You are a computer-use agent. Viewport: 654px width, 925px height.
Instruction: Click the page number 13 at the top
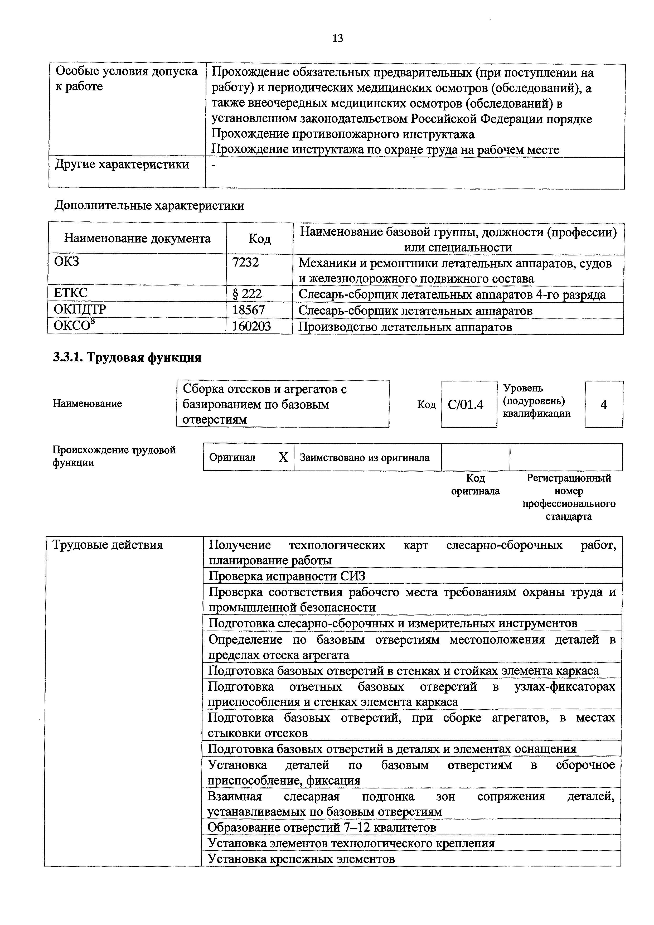(x=338, y=38)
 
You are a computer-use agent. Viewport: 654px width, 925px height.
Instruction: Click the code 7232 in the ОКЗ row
(x=245, y=263)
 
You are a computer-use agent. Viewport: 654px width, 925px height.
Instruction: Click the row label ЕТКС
(x=71, y=293)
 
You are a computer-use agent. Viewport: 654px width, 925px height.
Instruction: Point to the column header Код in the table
(x=259, y=239)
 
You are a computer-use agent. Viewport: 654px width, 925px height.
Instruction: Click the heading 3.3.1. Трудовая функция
(x=127, y=357)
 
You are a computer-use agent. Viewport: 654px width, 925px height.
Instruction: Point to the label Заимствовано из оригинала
(x=365, y=458)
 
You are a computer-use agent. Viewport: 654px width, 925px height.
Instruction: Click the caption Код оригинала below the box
(x=476, y=485)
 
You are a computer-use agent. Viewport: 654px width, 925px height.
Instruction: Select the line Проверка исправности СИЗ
(x=287, y=576)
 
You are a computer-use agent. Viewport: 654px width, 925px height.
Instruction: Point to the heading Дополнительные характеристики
(x=149, y=206)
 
